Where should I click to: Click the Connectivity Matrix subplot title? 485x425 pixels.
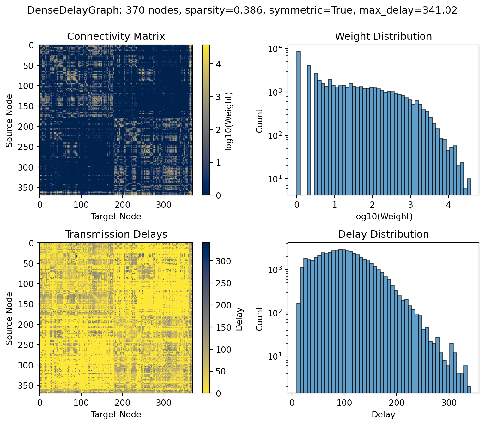(x=116, y=37)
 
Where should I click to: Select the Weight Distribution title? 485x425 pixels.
(x=383, y=37)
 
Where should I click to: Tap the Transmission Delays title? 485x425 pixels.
(x=116, y=235)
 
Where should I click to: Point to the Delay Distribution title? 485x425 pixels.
(x=383, y=235)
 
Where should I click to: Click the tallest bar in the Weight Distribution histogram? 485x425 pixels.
(x=298, y=123)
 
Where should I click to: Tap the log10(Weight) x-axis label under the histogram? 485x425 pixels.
(x=383, y=217)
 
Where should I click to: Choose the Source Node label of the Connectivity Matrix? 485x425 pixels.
(x=9, y=120)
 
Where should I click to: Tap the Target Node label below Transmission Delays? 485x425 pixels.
(x=116, y=415)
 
